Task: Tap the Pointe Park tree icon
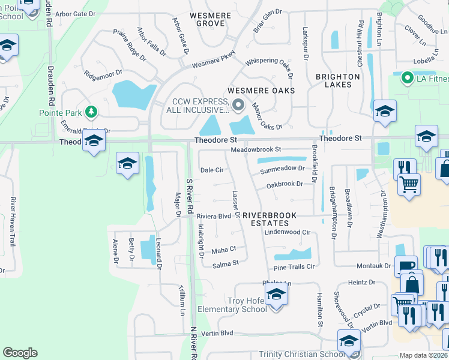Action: pyautogui.click(x=91, y=112)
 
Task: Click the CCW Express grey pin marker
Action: pyautogui.click(x=238, y=106)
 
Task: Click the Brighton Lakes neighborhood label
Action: pyautogui.click(x=338, y=81)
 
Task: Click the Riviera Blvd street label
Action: pyautogui.click(x=214, y=216)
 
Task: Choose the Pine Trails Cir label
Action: pyautogui.click(x=294, y=266)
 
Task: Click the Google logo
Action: pyautogui.click(x=20, y=353)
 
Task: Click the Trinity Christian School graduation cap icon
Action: pyautogui.click(x=349, y=340)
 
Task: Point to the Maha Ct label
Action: pyautogui.click(x=224, y=249)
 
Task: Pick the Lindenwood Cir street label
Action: pyautogui.click(x=287, y=232)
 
